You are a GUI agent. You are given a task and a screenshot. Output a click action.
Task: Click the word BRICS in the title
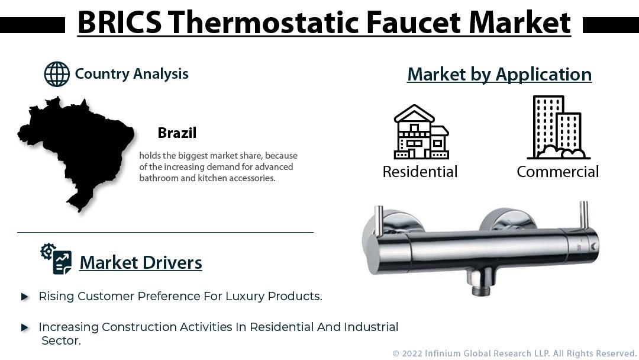point(118,23)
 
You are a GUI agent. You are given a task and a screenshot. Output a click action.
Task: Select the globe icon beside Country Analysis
point(57,75)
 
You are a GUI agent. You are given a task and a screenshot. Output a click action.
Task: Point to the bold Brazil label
point(177,133)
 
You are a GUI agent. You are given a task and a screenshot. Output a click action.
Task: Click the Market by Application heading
point(499,74)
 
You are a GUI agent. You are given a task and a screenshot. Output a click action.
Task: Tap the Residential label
point(420,172)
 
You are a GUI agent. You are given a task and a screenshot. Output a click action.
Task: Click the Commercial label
point(557,172)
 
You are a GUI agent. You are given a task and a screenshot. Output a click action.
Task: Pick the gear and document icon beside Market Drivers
point(56,259)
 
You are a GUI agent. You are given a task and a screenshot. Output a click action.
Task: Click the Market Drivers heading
point(141,262)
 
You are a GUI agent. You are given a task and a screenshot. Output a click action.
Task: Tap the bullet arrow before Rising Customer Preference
point(25,297)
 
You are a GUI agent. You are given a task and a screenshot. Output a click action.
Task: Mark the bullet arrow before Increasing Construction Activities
point(25,327)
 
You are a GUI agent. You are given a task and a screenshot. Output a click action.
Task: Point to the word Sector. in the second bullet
point(61,340)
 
